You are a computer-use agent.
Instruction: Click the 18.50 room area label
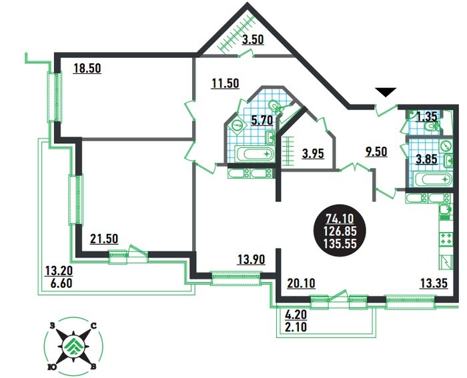tap(87, 69)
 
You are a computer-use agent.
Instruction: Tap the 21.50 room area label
tap(104, 239)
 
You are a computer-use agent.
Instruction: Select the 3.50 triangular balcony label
tap(253, 39)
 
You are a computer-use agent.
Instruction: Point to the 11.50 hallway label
tap(225, 83)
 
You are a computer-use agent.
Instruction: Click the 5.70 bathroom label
tap(262, 121)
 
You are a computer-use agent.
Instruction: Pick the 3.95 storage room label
tap(313, 154)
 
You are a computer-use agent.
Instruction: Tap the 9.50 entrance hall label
tap(376, 151)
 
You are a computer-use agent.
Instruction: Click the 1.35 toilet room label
tap(426, 116)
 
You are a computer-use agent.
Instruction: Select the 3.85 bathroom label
tap(426, 159)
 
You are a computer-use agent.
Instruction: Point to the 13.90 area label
tap(251, 259)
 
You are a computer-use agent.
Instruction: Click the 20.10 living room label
tap(301, 283)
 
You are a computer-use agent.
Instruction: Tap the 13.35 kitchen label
tap(434, 283)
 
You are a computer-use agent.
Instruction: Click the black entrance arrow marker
tap(386, 92)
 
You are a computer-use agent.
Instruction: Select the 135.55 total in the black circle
tap(340, 244)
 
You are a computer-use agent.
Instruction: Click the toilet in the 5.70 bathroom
tap(274, 105)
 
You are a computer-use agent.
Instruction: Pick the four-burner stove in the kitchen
tap(446, 239)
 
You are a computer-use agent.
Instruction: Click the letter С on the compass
tap(93, 326)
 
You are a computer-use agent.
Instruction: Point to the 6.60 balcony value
tap(61, 283)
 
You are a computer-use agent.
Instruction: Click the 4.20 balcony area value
tap(296, 315)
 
